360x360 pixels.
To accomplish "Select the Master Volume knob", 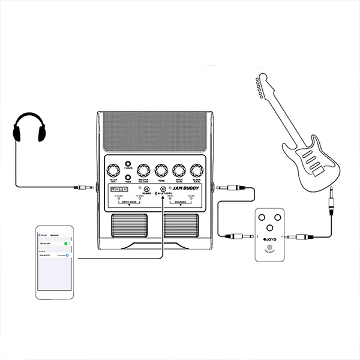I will pos(144,170).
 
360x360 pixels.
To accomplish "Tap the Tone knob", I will pos(161,170).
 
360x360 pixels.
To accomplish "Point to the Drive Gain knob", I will pos(178,170).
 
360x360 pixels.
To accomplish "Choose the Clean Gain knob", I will pos(196,170).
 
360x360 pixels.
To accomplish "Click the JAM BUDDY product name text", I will pos(186,189).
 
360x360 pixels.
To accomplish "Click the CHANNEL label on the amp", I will pos(180,203).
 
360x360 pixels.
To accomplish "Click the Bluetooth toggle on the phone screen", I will pos(66,243).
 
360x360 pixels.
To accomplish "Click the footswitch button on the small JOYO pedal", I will pos(271,248).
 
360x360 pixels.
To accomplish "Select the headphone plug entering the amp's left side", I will pos(83,188).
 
